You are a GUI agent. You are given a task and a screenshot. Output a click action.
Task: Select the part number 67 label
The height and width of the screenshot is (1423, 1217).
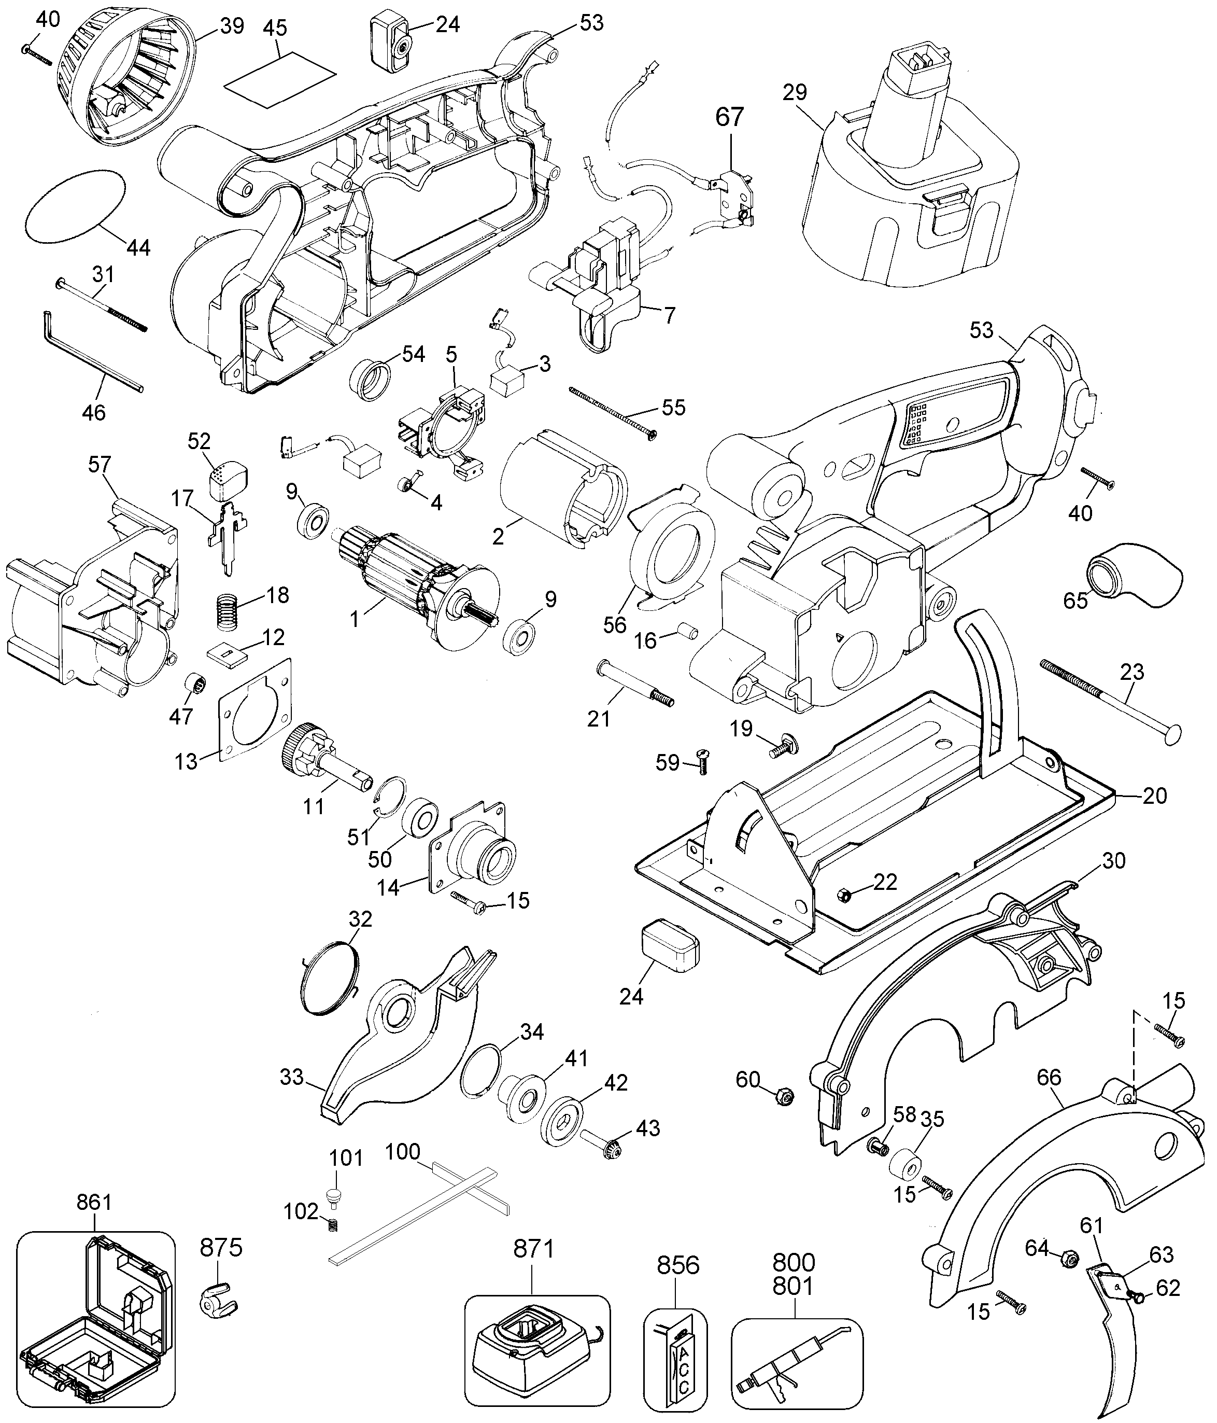pyautogui.click(x=730, y=117)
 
